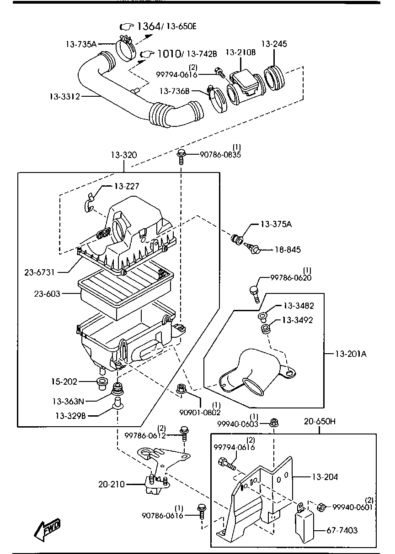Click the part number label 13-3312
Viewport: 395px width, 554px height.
coord(64,96)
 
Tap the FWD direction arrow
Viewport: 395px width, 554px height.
coord(47,529)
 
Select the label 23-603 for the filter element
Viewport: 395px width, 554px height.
coord(47,294)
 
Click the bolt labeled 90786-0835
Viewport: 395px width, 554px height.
coord(181,155)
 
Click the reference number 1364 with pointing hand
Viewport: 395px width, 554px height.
coord(147,27)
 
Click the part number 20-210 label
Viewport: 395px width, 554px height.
coord(111,484)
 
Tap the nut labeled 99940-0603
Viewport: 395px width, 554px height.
coord(274,423)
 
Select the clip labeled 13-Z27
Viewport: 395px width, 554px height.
coord(90,201)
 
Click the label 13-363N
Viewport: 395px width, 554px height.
coord(68,402)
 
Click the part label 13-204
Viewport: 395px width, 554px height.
coord(325,477)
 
